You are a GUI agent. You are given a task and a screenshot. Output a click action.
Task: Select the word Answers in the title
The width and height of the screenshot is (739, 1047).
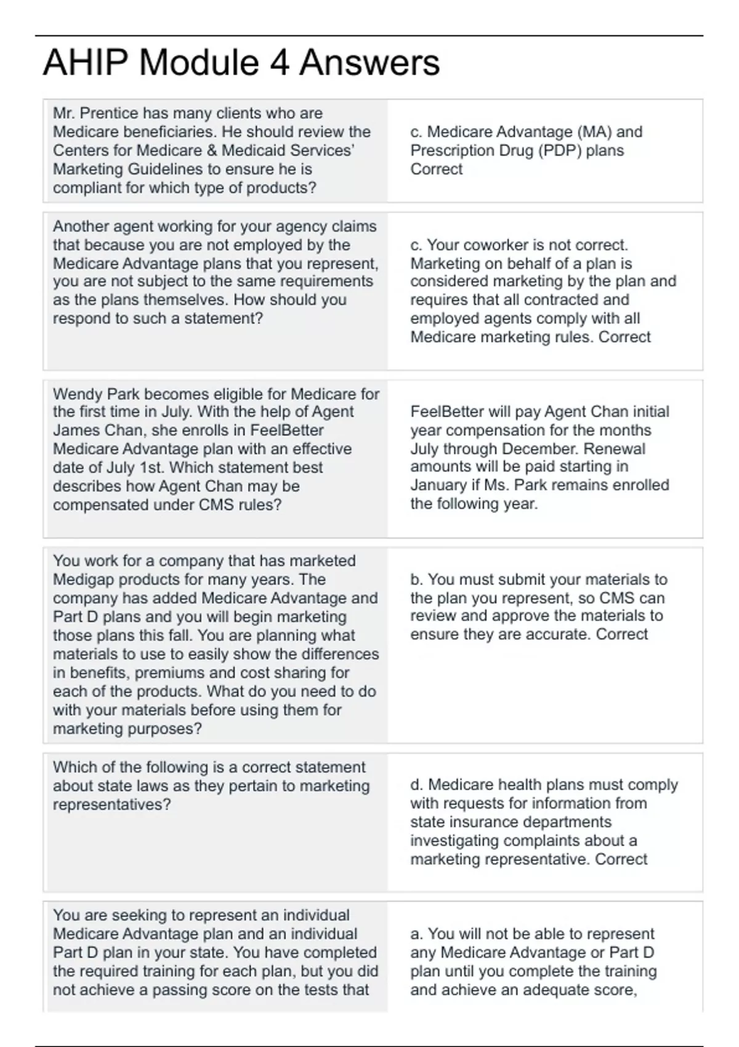(x=369, y=63)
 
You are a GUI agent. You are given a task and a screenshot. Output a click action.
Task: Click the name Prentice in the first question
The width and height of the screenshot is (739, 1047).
(x=109, y=113)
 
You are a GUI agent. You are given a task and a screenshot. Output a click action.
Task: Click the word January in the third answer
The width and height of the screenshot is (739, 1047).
(x=438, y=485)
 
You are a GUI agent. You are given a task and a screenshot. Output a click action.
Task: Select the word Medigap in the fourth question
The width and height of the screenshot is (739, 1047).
(x=82, y=580)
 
